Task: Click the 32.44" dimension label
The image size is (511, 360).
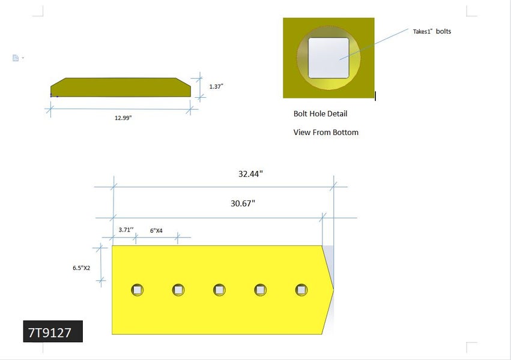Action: (x=250, y=173)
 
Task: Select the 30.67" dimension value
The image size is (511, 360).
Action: (x=243, y=203)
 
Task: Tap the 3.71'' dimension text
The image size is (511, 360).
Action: (x=125, y=230)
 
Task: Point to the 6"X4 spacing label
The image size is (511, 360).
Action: (x=156, y=230)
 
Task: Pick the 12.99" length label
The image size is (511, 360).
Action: (x=123, y=118)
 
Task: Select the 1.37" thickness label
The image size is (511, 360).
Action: (x=216, y=86)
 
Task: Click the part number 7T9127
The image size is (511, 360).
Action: (x=53, y=332)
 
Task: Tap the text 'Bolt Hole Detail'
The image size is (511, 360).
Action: (x=320, y=113)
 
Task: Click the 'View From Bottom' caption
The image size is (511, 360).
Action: (x=325, y=132)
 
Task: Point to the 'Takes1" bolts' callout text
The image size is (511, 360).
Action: (x=431, y=31)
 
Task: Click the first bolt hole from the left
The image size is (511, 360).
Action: (x=138, y=290)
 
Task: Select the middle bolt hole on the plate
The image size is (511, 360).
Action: (x=219, y=290)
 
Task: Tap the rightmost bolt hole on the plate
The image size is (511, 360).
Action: (x=301, y=290)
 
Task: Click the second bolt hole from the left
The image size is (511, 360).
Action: (x=178, y=290)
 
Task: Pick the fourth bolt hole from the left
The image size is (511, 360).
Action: (x=261, y=290)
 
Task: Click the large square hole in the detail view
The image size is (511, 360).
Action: (x=328, y=58)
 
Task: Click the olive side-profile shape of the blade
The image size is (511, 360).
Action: (x=120, y=88)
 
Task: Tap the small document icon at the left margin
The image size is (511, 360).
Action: (x=16, y=58)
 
